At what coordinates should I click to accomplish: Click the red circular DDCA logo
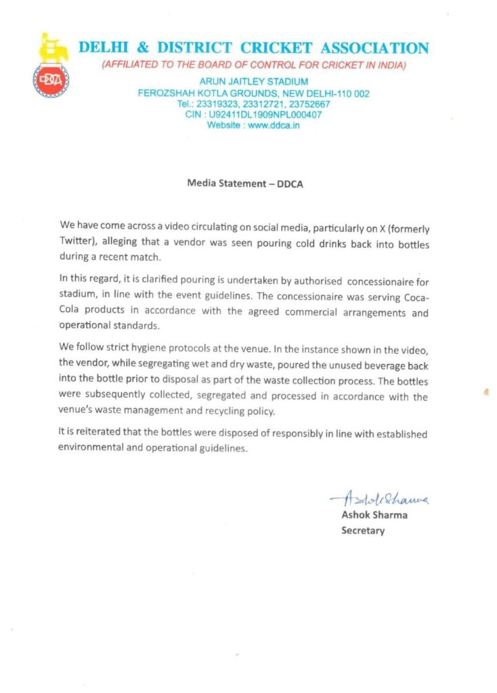point(51,80)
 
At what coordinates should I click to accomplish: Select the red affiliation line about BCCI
point(253,65)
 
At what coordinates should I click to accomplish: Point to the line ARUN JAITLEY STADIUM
point(253,83)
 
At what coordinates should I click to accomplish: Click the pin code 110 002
point(349,93)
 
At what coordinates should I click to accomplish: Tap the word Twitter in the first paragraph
point(77,231)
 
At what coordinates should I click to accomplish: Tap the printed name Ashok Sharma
point(374,516)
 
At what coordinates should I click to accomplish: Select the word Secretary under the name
point(362,531)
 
